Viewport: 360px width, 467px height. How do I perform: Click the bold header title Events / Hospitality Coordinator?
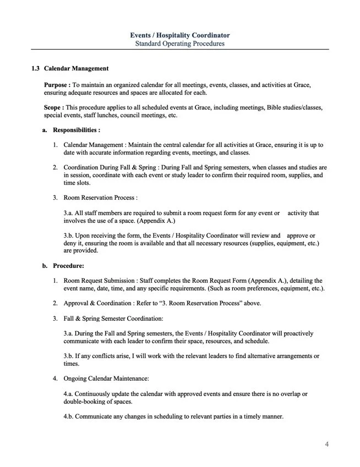[179, 35]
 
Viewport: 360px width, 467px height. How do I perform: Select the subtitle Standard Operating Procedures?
[179, 43]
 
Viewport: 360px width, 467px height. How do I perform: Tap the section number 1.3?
[36, 69]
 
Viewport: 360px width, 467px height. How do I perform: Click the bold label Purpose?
[57, 85]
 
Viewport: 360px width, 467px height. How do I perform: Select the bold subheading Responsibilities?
[76, 130]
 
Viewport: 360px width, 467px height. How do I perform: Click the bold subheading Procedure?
[68, 266]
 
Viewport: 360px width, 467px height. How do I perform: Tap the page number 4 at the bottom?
[326, 444]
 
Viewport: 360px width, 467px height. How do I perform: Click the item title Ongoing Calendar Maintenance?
[106, 378]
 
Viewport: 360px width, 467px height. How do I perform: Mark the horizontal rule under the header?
[179, 50]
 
